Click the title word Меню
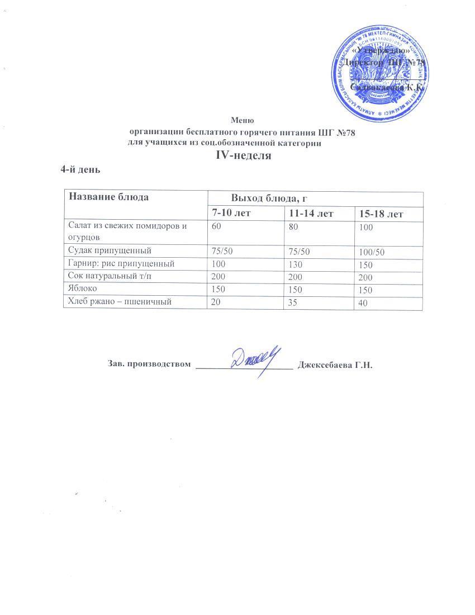243,120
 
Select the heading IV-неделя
243,156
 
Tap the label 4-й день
80,169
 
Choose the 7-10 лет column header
230,213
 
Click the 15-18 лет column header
382,214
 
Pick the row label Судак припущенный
110,250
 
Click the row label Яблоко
83,288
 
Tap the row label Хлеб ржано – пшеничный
118,301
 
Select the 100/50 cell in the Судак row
372,253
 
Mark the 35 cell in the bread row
293,302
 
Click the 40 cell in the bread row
364,304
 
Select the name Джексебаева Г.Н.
335,365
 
